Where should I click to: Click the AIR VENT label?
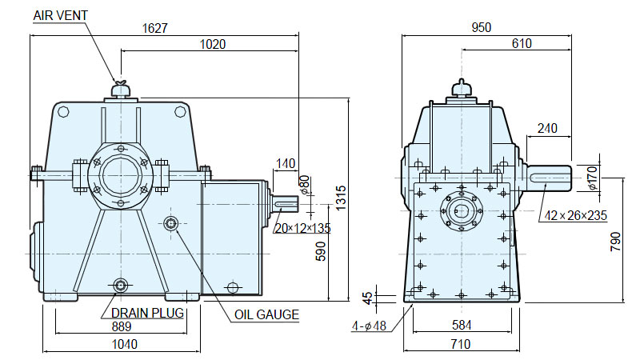(61, 15)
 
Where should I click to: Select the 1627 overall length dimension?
(154, 28)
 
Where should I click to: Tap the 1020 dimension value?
(213, 44)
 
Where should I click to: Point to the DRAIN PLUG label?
(147, 313)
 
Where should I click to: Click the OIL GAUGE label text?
(266, 314)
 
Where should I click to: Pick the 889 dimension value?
(122, 326)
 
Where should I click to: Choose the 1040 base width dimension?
(125, 345)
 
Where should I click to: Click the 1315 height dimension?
(341, 198)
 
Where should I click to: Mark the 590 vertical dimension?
(322, 251)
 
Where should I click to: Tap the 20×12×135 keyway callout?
(302, 228)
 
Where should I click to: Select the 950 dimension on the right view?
(482, 27)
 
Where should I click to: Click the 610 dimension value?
(522, 43)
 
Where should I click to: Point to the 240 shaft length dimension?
(547, 129)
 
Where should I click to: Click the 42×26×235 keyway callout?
(575, 215)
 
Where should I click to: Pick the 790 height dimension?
(615, 242)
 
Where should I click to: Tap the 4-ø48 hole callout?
(369, 326)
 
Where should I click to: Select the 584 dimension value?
(462, 326)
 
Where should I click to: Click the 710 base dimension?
(461, 345)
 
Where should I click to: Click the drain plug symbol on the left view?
(121, 285)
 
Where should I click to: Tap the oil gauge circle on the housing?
(170, 223)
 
